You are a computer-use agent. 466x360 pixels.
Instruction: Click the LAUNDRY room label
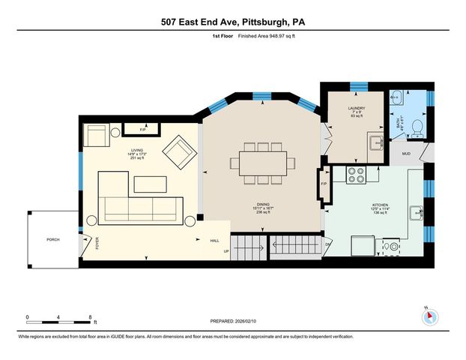point(356,109)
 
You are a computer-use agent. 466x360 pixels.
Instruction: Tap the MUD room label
point(406,154)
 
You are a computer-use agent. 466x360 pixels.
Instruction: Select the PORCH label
point(53,239)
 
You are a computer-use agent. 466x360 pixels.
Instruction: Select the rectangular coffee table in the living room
point(153,183)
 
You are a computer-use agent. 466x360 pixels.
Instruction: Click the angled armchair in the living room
point(181,153)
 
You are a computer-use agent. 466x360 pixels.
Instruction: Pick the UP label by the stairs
point(226,250)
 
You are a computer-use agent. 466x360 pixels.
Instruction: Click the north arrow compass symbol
point(429,316)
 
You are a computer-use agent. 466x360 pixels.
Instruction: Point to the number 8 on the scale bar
point(90,316)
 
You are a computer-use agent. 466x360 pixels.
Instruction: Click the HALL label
point(214,240)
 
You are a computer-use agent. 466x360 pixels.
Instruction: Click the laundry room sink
point(376,143)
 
